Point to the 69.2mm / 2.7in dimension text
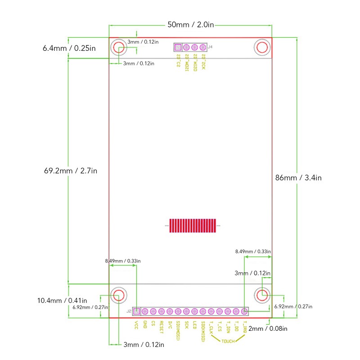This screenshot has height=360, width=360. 71,171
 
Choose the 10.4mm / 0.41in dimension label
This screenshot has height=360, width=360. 62,301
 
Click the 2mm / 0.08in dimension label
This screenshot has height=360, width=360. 268,328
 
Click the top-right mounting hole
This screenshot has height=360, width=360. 262,47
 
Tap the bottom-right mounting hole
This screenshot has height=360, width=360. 262,295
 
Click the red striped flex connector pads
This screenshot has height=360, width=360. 193,225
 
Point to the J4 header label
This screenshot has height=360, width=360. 210,47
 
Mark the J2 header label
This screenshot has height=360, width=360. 129,311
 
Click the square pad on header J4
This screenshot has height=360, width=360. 178,47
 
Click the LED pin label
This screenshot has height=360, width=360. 194,325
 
